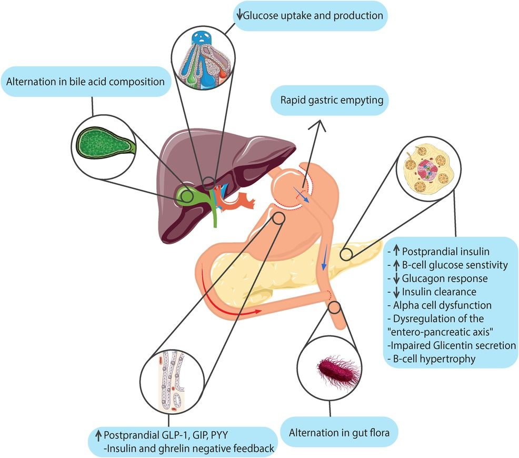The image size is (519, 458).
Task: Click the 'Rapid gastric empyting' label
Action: [330, 98]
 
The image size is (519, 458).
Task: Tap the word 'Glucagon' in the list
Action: [421, 278]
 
